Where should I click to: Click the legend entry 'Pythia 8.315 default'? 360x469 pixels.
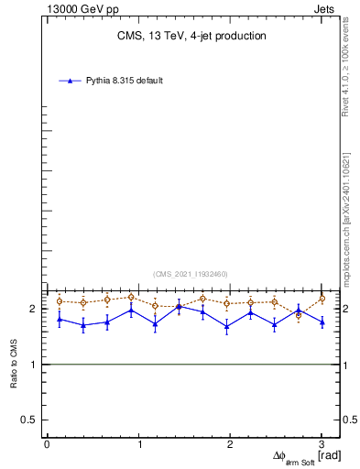tap(125, 81)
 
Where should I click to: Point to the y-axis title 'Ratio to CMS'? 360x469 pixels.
tap(16, 364)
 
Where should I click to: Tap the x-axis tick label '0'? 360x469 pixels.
tap(47, 444)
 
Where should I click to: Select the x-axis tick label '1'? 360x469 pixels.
tap(139, 444)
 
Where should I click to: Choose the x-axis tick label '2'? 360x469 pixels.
tap(231, 444)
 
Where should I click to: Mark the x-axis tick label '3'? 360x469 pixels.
tap(322, 444)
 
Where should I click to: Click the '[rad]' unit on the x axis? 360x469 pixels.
tap(330, 455)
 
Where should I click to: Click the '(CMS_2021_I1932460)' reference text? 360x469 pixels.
tap(191, 274)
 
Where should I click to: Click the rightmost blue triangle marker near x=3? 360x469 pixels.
tap(322, 322)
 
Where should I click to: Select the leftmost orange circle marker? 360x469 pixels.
tap(60, 300)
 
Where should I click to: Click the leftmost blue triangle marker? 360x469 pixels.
tap(60, 319)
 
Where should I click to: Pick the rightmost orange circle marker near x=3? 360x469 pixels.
tap(322, 299)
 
